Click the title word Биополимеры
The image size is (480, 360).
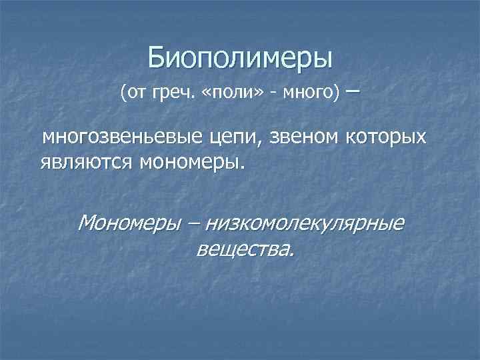(x=240, y=57)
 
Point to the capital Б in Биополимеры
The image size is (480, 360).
(x=155, y=57)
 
